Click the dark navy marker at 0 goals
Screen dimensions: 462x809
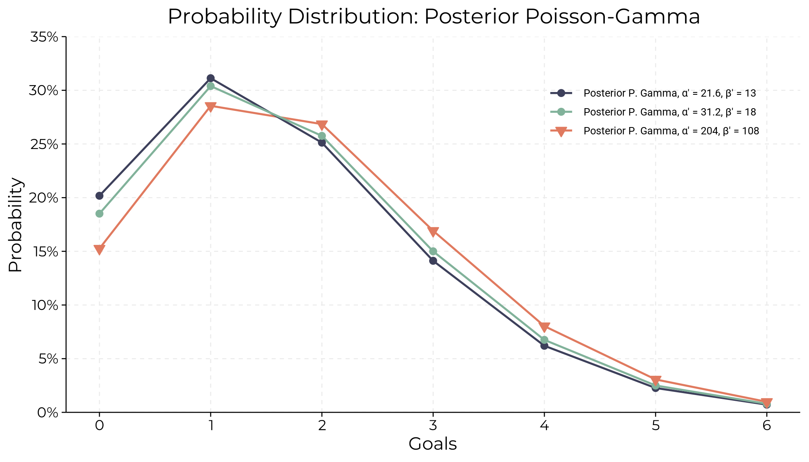[x=99, y=196]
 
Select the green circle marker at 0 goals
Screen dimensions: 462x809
[x=99, y=214]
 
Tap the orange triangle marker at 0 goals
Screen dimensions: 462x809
[x=99, y=249]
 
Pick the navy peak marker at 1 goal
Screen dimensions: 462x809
[x=211, y=78]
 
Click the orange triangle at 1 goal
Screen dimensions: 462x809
[x=211, y=107]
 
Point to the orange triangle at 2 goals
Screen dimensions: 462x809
[x=322, y=125]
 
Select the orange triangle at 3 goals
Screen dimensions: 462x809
[x=433, y=231]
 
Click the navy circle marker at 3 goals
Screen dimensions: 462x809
[x=433, y=261]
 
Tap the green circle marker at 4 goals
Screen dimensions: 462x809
[x=544, y=340]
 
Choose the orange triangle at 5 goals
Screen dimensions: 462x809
[x=656, y=380]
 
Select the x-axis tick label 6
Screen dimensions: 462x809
[x=767, y=426]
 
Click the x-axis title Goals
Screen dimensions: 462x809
[x=433, y=444]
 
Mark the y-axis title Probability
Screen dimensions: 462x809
[x=15, y=224]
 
